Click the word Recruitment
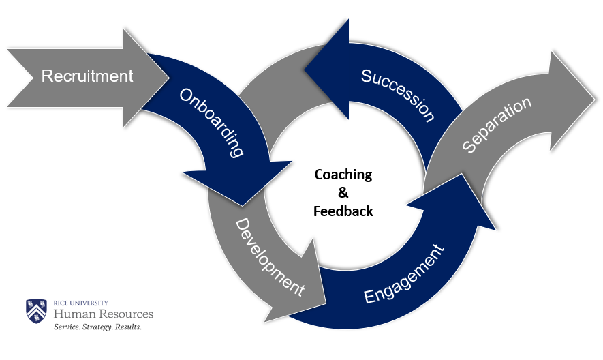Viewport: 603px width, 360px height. tap(87, 76)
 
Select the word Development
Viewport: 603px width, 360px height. tap(269, 256)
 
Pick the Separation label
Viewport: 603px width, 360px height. tap(496, 124)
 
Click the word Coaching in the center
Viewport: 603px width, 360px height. tap(343, 175)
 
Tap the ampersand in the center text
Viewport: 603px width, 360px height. tap(343, 193)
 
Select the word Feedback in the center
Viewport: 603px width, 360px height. tap(343, 211)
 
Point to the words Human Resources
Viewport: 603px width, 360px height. tap(104, 314)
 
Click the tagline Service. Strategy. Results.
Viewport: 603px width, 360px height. tap(97, 327)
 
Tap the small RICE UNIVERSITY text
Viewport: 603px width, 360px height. tap(81, 302)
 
